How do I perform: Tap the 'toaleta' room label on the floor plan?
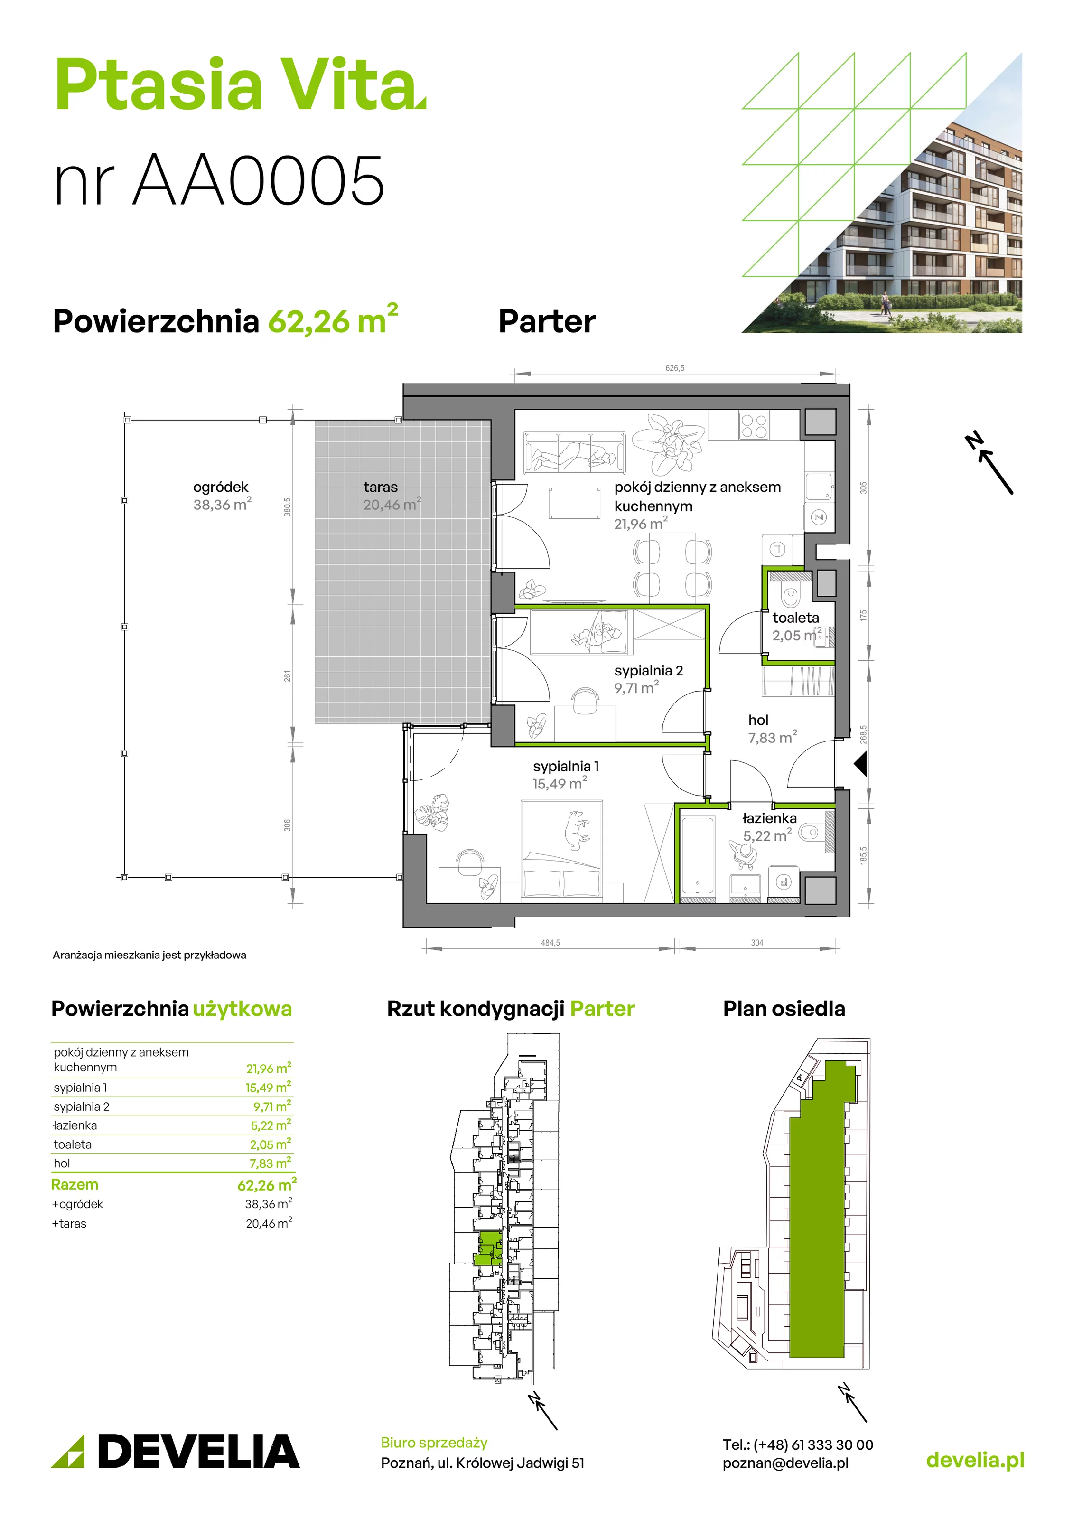point(795,618)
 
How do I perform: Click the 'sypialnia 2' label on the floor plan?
point(648,670)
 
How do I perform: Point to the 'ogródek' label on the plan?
point(220,487)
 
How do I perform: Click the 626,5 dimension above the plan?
point(675,368)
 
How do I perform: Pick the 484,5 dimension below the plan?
point(550,943)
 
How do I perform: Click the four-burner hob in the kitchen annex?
point(754,425)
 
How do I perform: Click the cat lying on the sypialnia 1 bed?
point(576,830)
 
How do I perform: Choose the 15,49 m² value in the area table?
point(269,1088)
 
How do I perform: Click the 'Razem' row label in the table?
point(75,1184)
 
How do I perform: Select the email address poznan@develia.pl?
point(785,1463)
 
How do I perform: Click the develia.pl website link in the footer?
point(975,1460)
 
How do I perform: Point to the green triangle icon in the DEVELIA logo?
point(68,1452)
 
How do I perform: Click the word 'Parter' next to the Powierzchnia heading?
point(547,321)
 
